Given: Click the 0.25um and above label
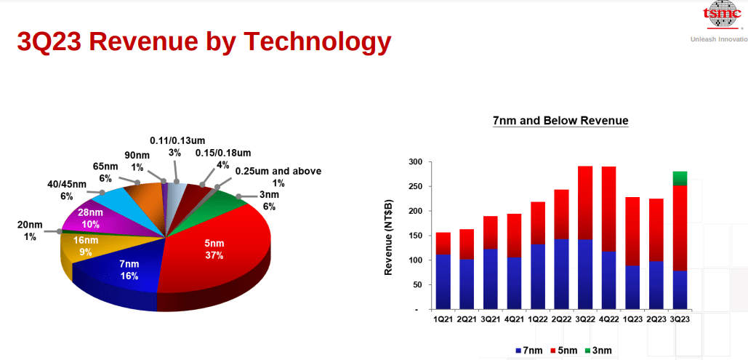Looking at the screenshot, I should point(278,177).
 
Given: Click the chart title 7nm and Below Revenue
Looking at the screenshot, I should point(560,121).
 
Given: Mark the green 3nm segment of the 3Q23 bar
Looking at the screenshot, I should point(680,178).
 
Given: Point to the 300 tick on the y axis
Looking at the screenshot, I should point(415,161).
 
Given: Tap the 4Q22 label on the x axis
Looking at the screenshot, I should point(609,320).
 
